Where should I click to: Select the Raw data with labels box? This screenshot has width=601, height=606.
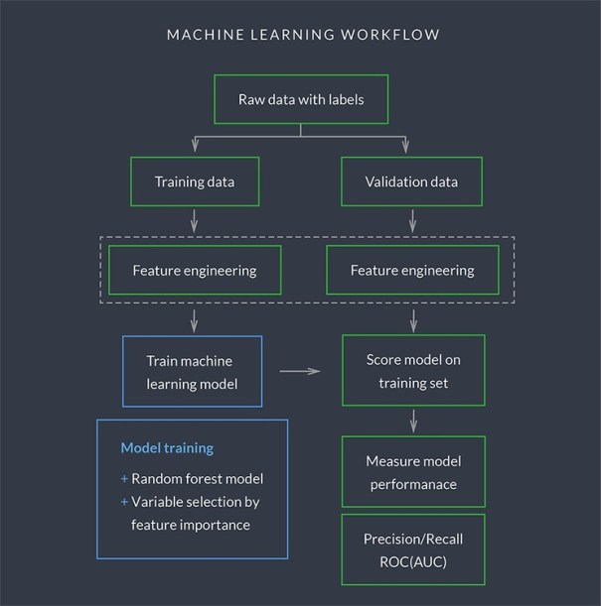click(300, 100)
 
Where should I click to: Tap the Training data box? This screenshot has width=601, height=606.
click(194, 182)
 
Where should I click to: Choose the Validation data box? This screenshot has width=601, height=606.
click(412, 182)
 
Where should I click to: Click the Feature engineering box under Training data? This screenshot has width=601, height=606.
click(194, 270)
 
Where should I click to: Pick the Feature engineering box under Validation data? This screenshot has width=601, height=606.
click(412, 270)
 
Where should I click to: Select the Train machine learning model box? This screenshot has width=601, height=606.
click(192, 371)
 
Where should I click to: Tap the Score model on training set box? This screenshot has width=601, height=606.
click(412, 371)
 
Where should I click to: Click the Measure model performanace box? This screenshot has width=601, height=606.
click(412, 472)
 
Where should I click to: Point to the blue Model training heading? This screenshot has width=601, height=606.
click(167, 448)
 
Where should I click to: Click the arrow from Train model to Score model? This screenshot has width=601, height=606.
click(301, 372)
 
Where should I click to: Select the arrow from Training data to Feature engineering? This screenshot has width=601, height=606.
click(194, 222)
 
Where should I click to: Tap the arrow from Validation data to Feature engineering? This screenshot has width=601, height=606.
click(412, 222)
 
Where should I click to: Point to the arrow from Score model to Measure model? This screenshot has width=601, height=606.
click(412, 421)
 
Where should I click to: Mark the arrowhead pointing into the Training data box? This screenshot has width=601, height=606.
click(194, 150)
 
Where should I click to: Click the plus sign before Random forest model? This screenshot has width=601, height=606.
click(125, 479)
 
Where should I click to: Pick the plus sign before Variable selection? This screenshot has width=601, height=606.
click(125, 502)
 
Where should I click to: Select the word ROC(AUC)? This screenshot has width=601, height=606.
click(413, 560)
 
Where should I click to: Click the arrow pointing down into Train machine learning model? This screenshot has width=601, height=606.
click(194, 320)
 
